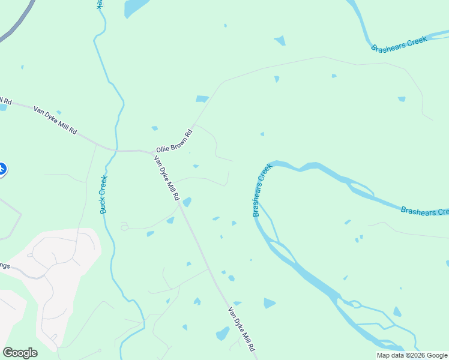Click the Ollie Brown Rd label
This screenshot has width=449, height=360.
(x=174, y=140)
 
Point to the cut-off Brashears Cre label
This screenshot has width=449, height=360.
(x=424, y=211)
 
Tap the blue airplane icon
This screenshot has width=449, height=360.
(x=2, y=169)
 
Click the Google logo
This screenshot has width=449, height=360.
(x=20, y=352)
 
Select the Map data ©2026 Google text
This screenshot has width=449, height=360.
(x=411, y=355)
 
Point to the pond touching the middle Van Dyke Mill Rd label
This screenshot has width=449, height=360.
(x=187, y=202)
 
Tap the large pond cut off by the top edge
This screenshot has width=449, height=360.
(x=136, y=7)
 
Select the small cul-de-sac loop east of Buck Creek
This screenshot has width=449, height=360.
(x=124, y=226)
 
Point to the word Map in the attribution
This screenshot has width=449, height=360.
(x=383, y=355)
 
